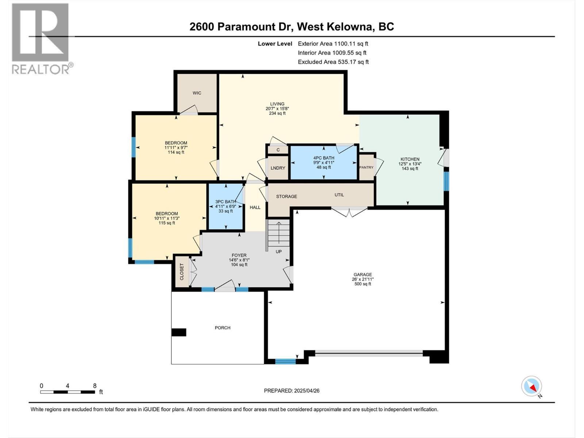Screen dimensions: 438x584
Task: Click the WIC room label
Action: (197, 93)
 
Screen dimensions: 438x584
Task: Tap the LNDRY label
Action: (278, 168)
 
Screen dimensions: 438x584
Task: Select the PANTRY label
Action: (366, 168)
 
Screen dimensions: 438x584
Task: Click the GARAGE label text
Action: (362, 275)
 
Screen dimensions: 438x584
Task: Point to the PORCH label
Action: (222, 328)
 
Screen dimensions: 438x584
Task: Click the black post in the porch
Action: (179, 332)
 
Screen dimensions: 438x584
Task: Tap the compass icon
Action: (531, 386)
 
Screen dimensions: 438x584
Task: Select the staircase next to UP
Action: (279, 232)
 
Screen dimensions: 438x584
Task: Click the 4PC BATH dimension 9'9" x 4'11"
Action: (323, 163)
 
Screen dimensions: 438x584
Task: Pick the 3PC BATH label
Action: (226, 201)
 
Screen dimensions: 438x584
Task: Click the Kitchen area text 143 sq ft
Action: (410, 169)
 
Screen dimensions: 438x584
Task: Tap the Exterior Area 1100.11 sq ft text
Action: (333, 43)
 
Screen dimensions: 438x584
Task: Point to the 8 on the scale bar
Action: (95, 385)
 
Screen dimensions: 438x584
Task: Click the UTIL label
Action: (339, 195)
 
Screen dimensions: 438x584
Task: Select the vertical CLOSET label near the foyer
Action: (182, 272)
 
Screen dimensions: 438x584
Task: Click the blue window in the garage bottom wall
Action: (285, 361)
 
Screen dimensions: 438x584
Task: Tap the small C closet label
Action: (278, 150)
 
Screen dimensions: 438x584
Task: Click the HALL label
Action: (255, 207)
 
